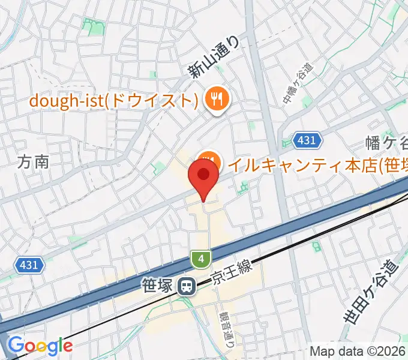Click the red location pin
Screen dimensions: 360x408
pos(203,177)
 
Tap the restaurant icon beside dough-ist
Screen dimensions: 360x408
pos(215,99)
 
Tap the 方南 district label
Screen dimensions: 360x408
pos(34,161)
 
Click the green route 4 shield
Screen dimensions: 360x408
pos(201,259)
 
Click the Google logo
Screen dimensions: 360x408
pos(40,345)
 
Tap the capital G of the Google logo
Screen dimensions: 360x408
pos(14,345)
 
